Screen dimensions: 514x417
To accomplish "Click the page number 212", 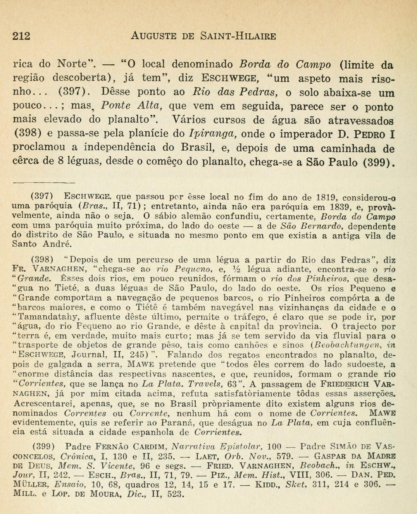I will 21,36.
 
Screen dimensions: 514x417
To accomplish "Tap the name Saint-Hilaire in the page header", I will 238,36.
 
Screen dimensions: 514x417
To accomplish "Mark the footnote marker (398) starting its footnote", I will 43,260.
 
